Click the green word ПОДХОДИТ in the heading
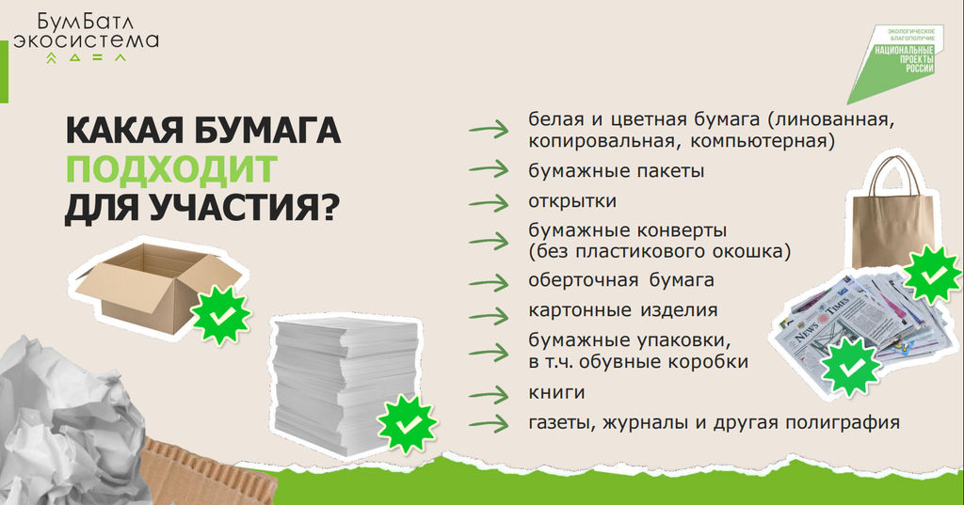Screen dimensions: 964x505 tap(171, 168)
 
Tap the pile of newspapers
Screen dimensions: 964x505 tap(860, 324)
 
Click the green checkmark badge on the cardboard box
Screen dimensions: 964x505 tap(220, 315)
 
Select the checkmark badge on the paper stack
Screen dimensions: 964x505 tap(407, 424)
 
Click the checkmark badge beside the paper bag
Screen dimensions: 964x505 tap(932, 274)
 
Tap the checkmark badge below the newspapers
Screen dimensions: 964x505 tap(851, 367)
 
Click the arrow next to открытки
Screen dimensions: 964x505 tap(489, 203)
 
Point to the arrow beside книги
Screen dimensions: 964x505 tap(489, 394)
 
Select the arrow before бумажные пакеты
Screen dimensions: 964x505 tap(489, 169)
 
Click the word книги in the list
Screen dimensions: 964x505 tap(556, 392)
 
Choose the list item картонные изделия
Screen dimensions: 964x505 tap(623, 310)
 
